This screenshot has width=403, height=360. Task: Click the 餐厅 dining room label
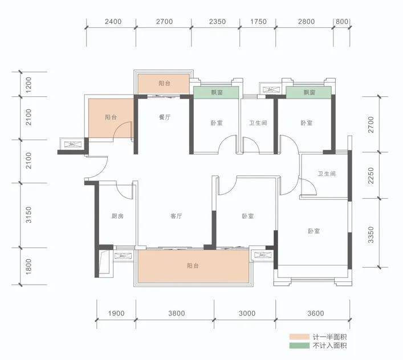(165, 117)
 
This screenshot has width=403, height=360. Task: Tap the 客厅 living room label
(176, 216)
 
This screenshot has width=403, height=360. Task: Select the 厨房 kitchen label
(117, 216)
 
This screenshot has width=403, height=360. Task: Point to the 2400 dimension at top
(113, 21)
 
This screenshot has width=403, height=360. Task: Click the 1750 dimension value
(258, 21)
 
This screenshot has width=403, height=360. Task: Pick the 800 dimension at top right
(342, 21)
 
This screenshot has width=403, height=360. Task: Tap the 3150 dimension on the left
(29, 215)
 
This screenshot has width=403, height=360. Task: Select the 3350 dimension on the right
(371, 235)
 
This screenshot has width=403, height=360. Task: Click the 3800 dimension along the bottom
(177, 313)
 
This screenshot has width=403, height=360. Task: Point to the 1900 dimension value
(116, 313)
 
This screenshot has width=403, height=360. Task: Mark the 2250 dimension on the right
(371, 175)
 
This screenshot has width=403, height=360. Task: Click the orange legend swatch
(299, 337)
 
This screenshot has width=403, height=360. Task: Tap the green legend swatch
(299, 345)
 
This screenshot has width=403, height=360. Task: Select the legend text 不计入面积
(329, 345)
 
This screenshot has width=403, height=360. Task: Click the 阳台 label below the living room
(193, 265)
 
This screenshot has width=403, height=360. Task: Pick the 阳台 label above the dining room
(165, 83)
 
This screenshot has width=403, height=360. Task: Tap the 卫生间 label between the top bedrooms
(258, 123)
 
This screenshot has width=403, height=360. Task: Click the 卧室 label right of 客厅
(248, 216)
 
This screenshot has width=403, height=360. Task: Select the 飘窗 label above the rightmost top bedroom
(309, 92)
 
